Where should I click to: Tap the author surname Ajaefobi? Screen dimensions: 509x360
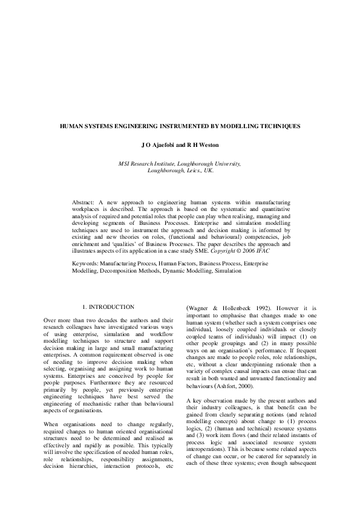(165, 146)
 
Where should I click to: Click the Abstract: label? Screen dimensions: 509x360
(85, 200)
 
